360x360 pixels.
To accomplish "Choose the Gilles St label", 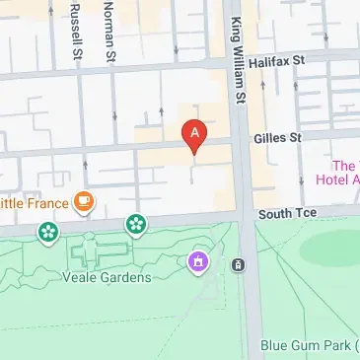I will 277,141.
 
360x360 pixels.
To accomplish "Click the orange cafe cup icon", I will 85,203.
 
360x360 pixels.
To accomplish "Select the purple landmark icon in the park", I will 197,262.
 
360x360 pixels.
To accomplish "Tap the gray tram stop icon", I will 238,264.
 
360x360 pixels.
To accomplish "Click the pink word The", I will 344,165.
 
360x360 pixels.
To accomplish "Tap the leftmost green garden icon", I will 45,232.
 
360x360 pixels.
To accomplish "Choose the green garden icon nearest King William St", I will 135,226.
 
